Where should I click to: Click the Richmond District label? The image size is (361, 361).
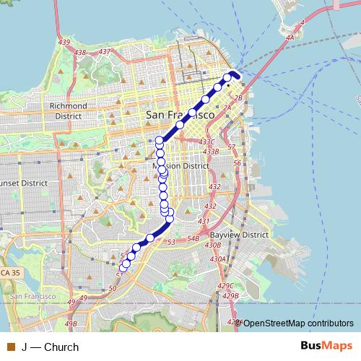[67, 110]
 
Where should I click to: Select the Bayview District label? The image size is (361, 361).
[238, 235]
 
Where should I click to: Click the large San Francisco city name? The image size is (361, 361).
[180, 115]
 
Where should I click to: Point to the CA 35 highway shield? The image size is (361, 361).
[10, 273]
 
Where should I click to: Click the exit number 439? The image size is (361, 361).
[64, 43]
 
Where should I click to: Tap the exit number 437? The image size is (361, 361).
[105, 51]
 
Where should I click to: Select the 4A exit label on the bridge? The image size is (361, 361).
[290, 38]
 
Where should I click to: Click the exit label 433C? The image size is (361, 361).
[207, 142]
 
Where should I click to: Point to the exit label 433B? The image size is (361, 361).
[211, 152]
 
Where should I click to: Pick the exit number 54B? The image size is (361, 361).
[193, 238]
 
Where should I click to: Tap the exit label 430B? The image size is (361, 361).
[213, 245]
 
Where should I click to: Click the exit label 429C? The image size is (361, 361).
[229, 287]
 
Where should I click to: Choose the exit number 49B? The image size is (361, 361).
[71, 325]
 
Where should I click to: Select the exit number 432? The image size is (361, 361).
[214, 187]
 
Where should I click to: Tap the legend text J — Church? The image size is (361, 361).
[50, 347]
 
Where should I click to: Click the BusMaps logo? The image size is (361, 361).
[326, 346]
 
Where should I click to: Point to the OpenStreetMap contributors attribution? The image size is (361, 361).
[297, 323]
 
